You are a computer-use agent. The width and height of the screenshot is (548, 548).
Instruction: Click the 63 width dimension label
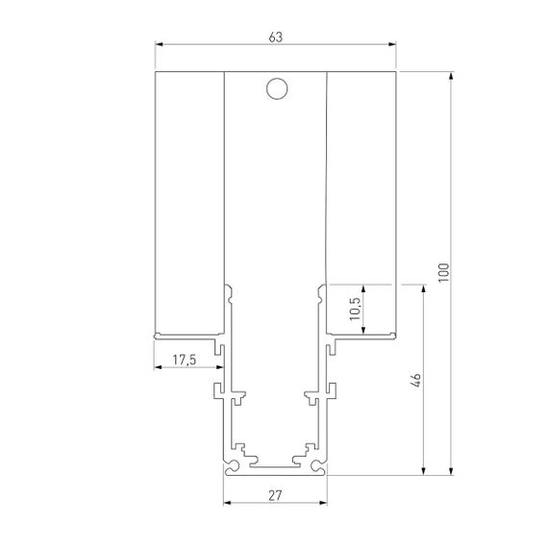(275, 37)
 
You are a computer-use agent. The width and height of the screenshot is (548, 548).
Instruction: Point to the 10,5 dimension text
(355, 310)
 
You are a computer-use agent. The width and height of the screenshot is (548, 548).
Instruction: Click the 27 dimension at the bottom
(275, 497)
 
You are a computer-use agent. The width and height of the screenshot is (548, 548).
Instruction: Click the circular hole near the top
(275, 89)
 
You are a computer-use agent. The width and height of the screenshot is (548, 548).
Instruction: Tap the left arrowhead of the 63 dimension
(160, 44)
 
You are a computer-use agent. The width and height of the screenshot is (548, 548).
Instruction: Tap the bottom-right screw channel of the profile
(318, 467)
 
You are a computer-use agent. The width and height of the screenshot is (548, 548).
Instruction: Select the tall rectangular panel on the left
(188, 202)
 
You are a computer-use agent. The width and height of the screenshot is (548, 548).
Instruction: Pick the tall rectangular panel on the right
(361, 178)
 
